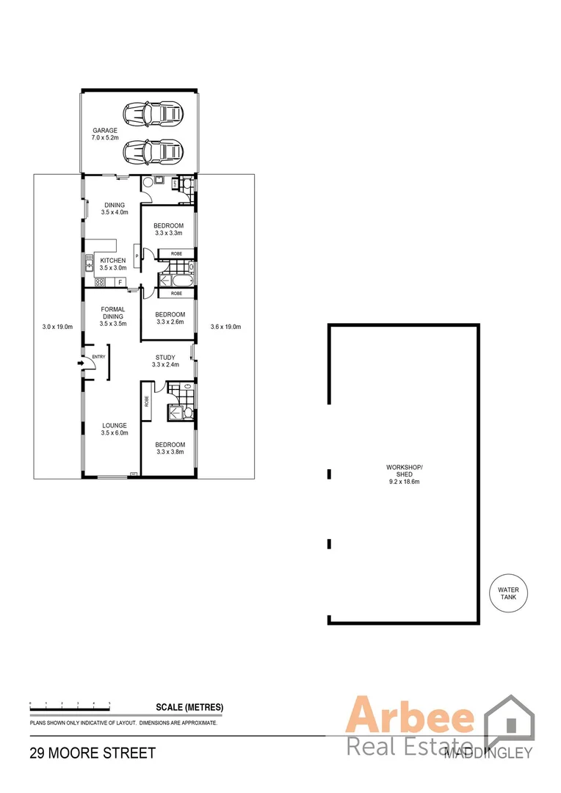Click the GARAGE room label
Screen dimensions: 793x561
104,130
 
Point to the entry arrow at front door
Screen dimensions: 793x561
82,362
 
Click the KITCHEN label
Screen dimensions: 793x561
114,261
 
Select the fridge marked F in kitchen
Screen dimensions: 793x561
119,282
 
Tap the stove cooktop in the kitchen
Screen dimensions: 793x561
98,282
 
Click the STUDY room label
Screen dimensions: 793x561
164,358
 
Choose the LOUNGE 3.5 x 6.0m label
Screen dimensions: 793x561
114,432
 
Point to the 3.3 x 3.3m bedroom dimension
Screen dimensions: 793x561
169,233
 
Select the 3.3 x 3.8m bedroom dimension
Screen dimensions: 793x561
169,452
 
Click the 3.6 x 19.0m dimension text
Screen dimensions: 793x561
225,327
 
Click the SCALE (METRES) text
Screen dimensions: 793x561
189,708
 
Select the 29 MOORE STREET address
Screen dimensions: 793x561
93,753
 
